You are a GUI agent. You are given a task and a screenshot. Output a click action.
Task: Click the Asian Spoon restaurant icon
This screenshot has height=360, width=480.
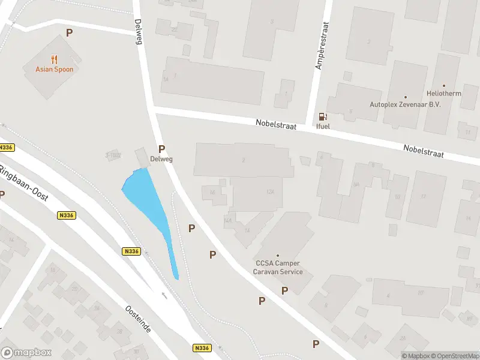pyautogui.click(x=54, y=59)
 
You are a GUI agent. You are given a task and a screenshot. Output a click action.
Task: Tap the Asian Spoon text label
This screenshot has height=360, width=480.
pyautogui.click(x=54, y=69)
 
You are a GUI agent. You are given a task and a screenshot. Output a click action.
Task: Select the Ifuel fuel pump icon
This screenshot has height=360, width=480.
pyautogui.click(x=322, y=117)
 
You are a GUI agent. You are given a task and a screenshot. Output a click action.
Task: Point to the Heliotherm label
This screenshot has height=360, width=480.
pyautogui.click(x=444, y=94)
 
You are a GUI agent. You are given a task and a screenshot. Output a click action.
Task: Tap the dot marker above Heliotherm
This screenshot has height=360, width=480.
pyautogui.click(x=444, y=86)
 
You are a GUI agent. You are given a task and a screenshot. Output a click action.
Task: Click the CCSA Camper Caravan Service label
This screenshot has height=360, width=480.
pyautogui.click(x=277, y=268)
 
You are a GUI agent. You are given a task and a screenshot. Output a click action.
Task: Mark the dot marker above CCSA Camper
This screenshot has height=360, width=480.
pyautogui.click(x=277, y=256)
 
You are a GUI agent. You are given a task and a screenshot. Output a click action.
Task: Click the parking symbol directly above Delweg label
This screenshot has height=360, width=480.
pyautogui.click(x=161, y=149)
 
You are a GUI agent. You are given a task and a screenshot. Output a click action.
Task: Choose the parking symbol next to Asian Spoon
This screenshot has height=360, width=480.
pyautogui.click(x=70, y=33)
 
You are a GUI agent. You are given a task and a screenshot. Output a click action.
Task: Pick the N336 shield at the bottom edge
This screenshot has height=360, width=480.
pyautogui.click(x=202, y=347)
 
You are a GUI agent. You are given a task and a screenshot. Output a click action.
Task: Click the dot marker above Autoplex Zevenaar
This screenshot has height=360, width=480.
pyautogui.click(x=405, y=96)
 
